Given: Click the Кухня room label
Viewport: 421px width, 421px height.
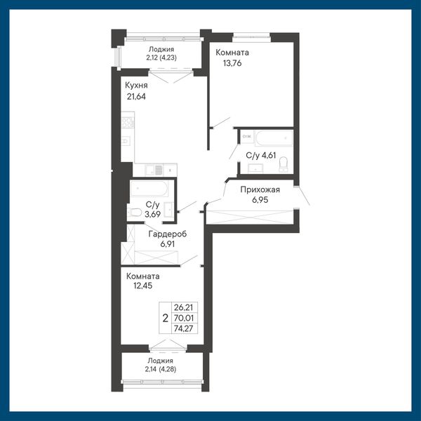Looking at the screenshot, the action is (x=136, y=86).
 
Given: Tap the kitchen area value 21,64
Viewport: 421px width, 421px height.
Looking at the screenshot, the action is (x=136, y=97).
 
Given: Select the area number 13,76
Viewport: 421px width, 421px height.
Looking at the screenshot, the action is (x=232, y=63).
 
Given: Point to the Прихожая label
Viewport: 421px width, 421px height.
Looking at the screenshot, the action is (x=260, y=189).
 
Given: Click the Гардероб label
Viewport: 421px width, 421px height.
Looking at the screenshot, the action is (x=168, y=234).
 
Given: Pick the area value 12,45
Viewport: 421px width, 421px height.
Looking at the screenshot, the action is (x=143, y=286).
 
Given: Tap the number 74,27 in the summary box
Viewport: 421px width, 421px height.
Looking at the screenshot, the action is (x=184, y=328).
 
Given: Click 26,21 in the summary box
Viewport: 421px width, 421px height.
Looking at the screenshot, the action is (x=184, y=307).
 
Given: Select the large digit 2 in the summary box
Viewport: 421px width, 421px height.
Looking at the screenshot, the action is (x=166, y=318).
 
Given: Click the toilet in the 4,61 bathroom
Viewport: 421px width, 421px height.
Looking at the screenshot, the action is (x=283, y=164).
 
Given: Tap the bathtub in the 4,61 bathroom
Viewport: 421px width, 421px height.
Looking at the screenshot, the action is (x=274, y=138).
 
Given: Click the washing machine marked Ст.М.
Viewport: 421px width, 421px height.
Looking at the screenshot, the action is (x=247, y=137).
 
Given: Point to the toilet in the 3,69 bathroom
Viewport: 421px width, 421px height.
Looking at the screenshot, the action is (x=135, y=213).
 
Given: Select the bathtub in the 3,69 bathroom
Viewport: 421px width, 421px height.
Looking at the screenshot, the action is (x=149, y=188).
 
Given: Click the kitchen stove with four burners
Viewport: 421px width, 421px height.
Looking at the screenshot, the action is (x=128, y=123).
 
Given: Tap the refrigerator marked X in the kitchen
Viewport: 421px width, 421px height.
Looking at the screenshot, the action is (x=170, y=170).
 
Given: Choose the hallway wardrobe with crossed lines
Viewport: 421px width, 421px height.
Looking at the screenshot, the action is (x=249, y=217).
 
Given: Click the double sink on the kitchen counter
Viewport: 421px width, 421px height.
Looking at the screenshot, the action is (x=154, y=170).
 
